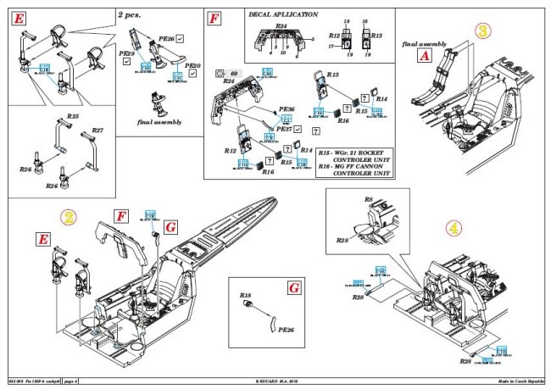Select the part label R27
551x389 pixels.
coord(97,131)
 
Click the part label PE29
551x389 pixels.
coord(126,53)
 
